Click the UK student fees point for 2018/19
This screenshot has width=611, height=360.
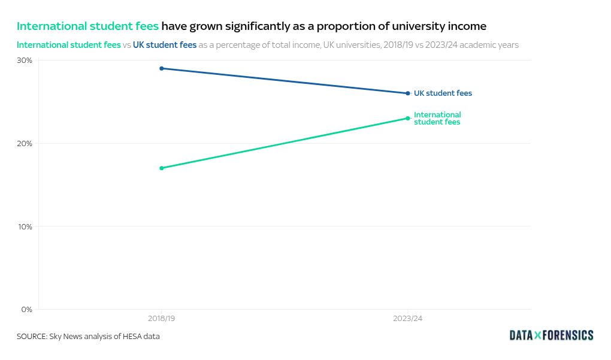pyautogui.click(x=162, y=68)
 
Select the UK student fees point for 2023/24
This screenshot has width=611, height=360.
pyautogui.click(x=408, y=93)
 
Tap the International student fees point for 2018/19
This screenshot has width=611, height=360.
pyautogui.click(x=162, y=168)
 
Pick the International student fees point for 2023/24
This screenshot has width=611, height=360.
pyautogui.click(x=408, y=118)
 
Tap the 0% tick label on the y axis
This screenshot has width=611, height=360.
pyautogui.click(x=26, y=310)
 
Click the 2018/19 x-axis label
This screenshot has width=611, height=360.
pyautogui.click(x=162, y=319)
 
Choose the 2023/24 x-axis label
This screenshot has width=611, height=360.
pyautogui.click(x=408, y=319)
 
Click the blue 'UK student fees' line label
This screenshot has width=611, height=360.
pyautogui.click(x=443, y=93)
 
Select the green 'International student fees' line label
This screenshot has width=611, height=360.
pyautogui.click(x=437, y=119)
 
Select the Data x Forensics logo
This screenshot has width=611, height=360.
pyautogui.click(x=551, y=335)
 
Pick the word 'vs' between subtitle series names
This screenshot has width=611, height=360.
pyautogui.click(x=127, y=45)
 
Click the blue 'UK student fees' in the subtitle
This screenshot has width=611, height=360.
pyautogui.click(x=165, y=45)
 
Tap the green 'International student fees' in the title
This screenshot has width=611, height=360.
pyautogui.click(x=87, y=26)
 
